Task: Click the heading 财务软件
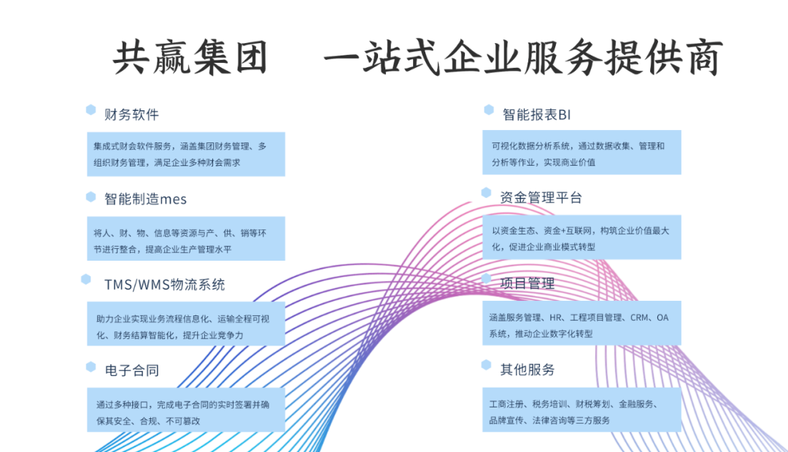131,115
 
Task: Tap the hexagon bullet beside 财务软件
91,110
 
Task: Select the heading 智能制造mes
145,199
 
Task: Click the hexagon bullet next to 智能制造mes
91,196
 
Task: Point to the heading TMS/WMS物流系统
164,285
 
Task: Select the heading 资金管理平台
541,197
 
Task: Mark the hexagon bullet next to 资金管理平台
487,193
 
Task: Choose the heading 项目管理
528,283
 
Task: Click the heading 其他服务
528,369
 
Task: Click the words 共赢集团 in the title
190,58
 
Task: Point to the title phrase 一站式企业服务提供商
522,58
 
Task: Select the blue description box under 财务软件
185,154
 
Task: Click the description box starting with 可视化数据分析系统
582,153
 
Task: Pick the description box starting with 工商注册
582,410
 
